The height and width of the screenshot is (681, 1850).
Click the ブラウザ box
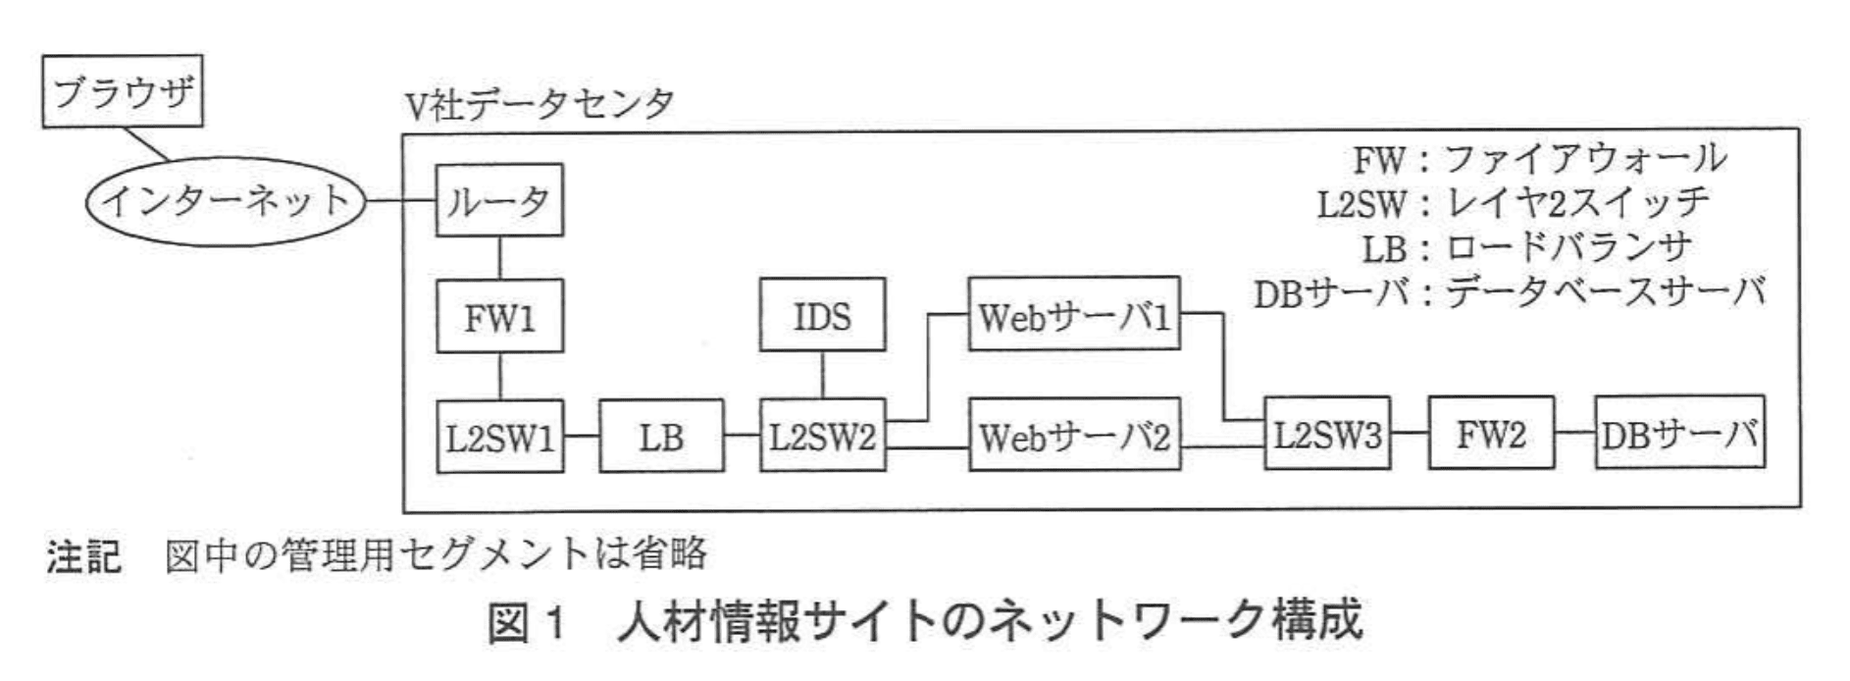click(x=123, y=91)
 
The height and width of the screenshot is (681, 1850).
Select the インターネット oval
click(x=227, y=202)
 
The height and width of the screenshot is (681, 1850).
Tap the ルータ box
click(x=499, y=201)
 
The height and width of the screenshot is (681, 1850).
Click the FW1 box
click(x=499, y=317)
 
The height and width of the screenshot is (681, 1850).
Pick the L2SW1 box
click(x=499, y=436)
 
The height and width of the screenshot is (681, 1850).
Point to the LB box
click(x=661, y=436)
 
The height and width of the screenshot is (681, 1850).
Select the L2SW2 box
click(x=822, y=436)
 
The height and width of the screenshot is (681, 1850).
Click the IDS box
click(x=822, y=316)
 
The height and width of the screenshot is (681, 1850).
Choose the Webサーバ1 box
click(x=1074, y=316)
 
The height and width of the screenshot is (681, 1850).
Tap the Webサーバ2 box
click(x=1074, y=436)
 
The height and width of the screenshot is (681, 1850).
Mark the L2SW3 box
click(x=1326, y=434)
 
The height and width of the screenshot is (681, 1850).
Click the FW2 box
click(x=1491, y=434)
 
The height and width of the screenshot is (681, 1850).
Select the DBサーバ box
click(x=1679, y=434)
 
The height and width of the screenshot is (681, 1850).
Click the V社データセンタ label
click(x=540, y=104)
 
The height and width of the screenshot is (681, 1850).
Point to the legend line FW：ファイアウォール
click(x=1538, y=159)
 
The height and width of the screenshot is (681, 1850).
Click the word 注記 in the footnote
click(x=83, y=555)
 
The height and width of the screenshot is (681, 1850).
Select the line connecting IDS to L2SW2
click(x=822, y=376)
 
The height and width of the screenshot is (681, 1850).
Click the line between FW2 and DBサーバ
click(x=1574, y=433)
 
